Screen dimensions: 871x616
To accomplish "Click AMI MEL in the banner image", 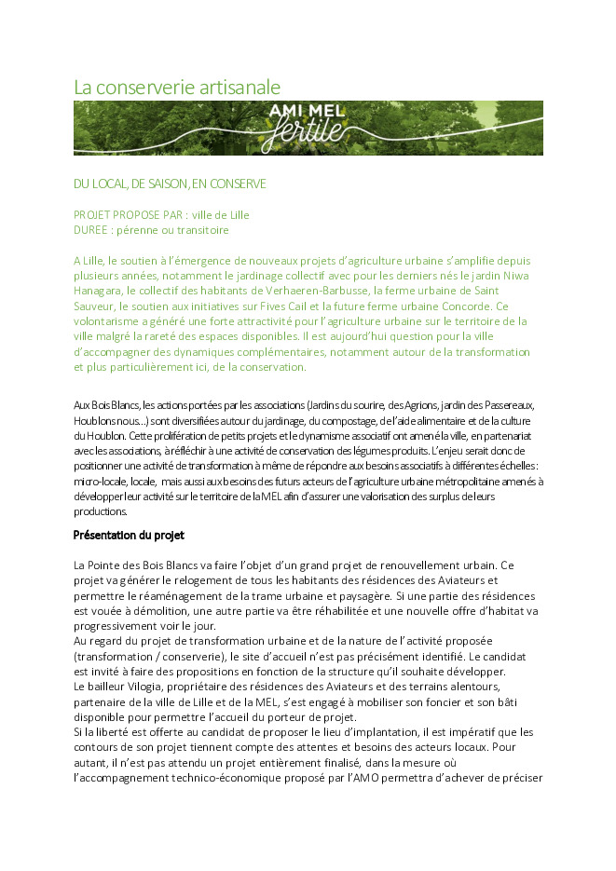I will click(x=307, y=112).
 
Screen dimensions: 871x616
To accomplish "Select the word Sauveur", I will click(x=96, y=306).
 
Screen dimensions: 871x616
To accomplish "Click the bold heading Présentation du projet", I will click(x=129, y=535).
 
